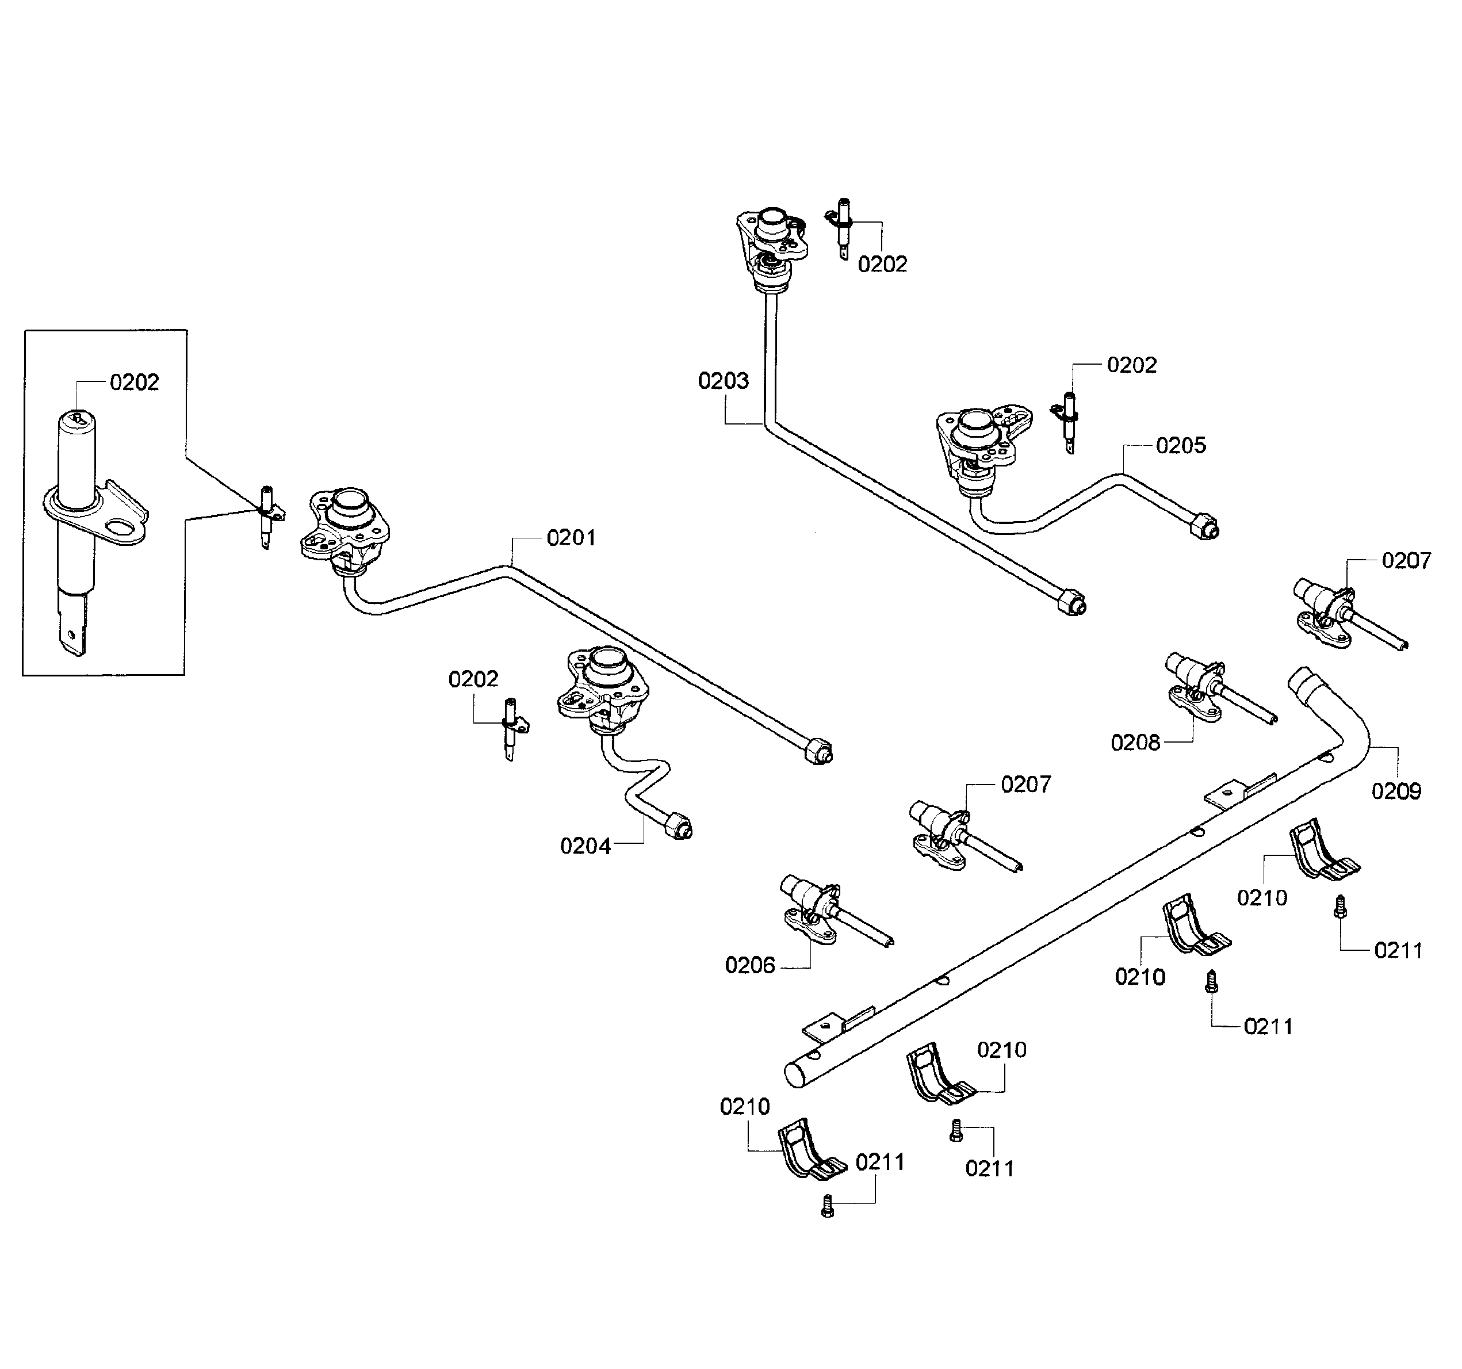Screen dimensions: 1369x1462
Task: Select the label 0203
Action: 723,381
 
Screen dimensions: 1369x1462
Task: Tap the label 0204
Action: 585,847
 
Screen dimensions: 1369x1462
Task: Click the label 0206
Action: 749,966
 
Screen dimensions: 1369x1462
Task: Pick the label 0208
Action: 1135,743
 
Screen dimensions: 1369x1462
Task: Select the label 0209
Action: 1396,791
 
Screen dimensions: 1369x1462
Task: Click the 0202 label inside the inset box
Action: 134,383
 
